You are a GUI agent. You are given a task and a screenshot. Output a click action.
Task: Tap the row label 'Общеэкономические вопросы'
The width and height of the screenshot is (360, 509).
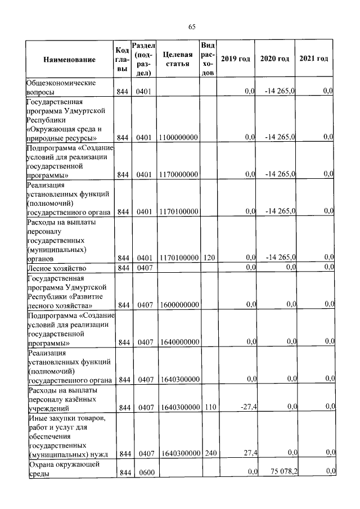[x=61, y=87]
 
